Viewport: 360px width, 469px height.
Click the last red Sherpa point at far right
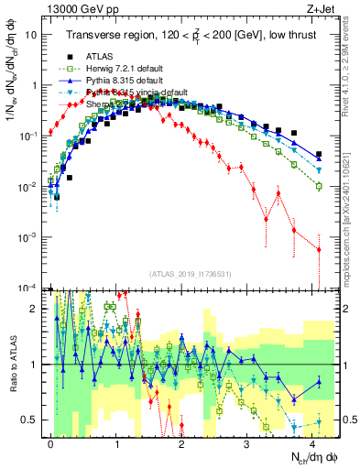coord(319,249)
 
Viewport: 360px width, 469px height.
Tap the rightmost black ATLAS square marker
coord(319,155)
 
